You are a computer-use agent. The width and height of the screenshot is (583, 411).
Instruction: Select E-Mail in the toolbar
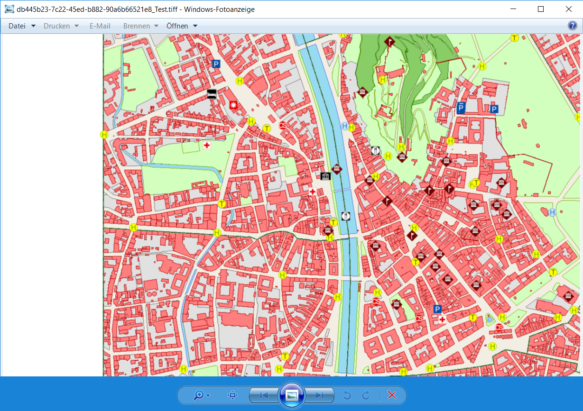(x=100, y=26)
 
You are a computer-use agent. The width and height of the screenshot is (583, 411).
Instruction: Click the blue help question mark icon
(x=573, y=26)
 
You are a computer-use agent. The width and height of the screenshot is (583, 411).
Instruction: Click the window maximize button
(x=541, y=9)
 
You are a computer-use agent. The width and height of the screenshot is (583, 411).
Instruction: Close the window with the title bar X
(x=568, y=9)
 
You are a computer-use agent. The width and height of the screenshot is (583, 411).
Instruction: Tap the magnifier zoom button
(x=199, y=395)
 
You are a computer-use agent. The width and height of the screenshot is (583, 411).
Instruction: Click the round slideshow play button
(x=292, y=395)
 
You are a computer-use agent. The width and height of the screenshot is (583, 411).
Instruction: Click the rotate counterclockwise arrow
(x=347, y=395)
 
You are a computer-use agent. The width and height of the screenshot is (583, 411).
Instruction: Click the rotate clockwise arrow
(x=366, y=395)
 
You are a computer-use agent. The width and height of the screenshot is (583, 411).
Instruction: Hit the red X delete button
(x=392, y=395)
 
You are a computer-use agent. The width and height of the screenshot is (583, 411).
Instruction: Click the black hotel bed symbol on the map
(x=212, y=94)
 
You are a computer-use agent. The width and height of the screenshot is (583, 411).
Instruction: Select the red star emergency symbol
(x=233, y=105)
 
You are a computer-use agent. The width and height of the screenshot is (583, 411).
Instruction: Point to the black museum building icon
(x=325, y=176)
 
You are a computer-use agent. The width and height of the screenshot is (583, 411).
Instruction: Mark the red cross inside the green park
(x=207, y=146)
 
